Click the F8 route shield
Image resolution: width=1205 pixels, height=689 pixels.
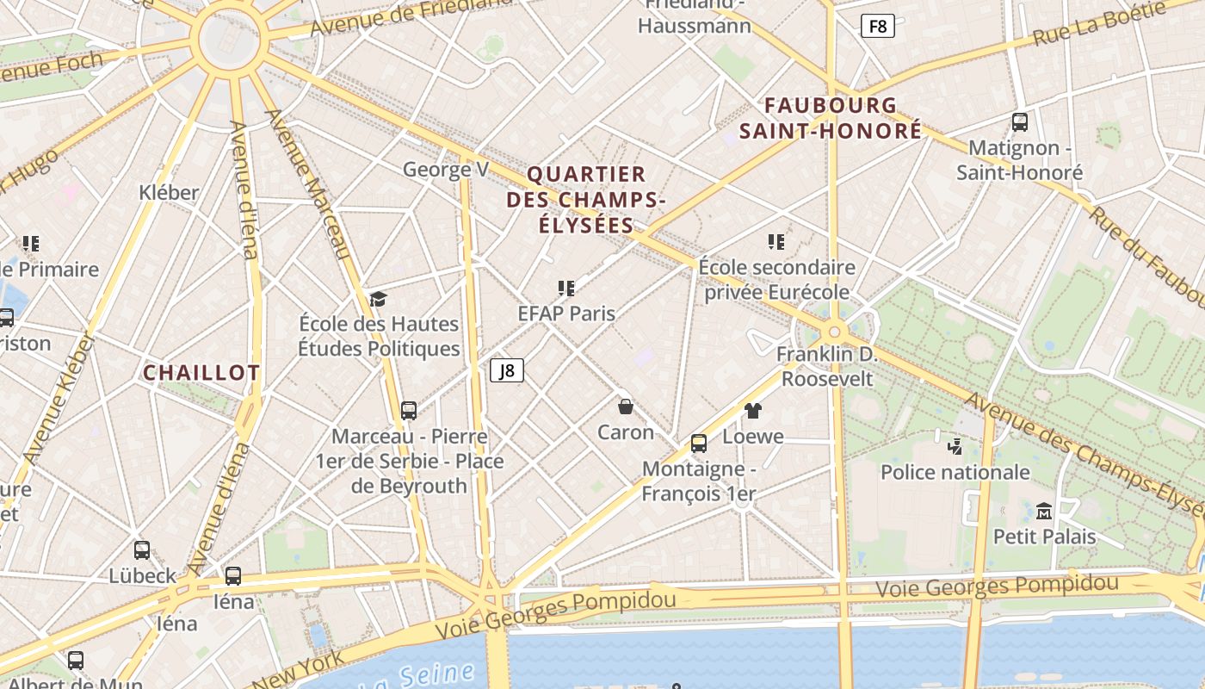(877, 26)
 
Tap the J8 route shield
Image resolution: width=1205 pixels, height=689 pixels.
(507, 370)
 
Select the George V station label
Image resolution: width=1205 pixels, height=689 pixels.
(445, 170)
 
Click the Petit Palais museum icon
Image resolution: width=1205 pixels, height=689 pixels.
(1044, 511)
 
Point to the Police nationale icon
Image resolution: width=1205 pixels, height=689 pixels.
(955, 446)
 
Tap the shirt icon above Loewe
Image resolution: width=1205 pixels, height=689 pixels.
(753, 411)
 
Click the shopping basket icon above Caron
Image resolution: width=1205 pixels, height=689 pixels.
(626, 406)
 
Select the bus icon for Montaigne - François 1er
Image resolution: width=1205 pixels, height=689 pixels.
(699, 444)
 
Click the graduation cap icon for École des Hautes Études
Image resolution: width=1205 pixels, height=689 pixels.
(378, 299)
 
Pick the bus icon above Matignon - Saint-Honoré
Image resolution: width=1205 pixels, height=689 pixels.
(1020, 122)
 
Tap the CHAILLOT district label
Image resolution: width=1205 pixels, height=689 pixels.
(201, 373)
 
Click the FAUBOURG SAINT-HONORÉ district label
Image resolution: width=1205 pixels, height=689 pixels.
(831, 118)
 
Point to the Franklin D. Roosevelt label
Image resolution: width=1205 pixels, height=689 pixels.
(826, 366)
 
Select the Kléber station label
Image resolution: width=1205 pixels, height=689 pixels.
(169, 192)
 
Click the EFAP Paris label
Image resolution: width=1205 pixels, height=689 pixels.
(566, 313)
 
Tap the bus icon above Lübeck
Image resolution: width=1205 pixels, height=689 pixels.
(142, 549)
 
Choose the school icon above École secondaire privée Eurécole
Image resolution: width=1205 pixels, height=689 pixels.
(776, 242)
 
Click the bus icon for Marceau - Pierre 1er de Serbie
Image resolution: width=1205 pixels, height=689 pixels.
(409, 411)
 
